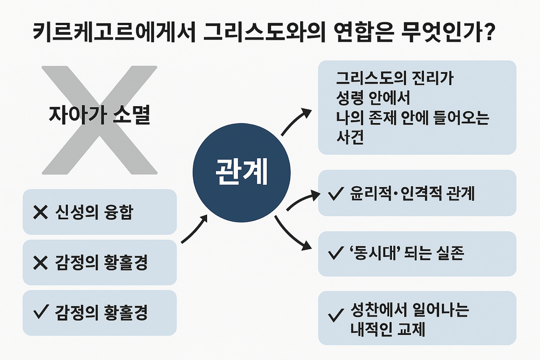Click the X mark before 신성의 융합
pos(41,212)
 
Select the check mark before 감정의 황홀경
pos(41,313)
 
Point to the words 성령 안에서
pos(373,96)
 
